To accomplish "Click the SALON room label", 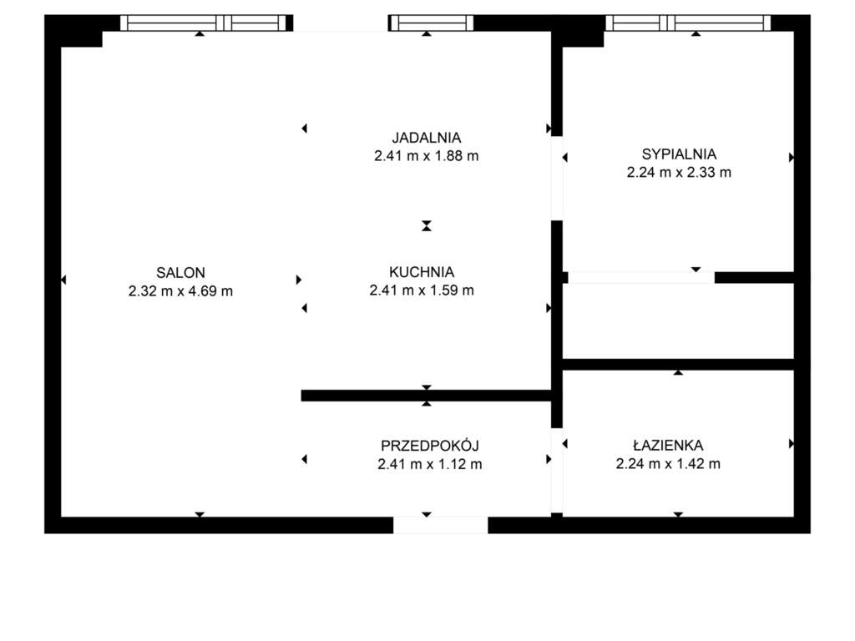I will pos(180,272).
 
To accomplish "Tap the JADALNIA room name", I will pos(427,138).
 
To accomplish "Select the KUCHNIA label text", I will pos(422,272).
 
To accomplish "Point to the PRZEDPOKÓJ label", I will pos(429,446).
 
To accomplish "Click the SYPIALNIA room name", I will pos(679,154).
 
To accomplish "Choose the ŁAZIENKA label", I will pos(668,446).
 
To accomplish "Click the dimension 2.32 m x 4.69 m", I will pos(180,291).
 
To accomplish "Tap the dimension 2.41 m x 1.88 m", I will pos(427,156).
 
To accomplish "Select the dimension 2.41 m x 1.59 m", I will pos(422,291).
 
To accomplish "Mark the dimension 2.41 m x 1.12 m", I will pos(429,464).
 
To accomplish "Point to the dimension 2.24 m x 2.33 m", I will pos(679,173).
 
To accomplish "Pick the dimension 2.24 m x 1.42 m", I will pos(668,464).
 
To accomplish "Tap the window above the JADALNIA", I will pos(431,23).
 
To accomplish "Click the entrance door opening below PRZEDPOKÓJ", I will pos(440,525).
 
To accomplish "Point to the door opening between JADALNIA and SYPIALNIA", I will pos(556,178).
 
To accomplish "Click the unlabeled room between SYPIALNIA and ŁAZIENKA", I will pos(678,320).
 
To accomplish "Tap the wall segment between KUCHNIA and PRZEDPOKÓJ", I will pos(426,396).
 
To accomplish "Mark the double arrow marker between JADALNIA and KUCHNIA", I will pos(427,225).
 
